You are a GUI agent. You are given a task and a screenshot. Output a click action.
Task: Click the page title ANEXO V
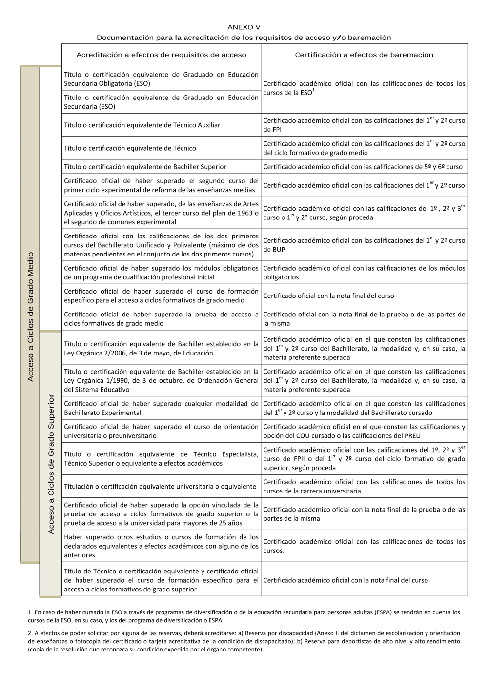(x=244, y=27)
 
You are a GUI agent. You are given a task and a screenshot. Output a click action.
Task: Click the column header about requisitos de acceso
(x=161, y=55)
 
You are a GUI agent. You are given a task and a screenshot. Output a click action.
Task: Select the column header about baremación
(x=364, y=55)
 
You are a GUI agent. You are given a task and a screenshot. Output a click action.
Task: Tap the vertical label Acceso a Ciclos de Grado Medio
(x=30, y=316)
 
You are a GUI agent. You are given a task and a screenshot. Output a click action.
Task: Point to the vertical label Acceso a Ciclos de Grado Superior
(x=51, y=464)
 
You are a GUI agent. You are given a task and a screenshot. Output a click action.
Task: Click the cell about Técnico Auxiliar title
(x=161, y=125)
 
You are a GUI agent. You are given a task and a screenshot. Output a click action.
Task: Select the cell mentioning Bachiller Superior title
(x=161, y=167)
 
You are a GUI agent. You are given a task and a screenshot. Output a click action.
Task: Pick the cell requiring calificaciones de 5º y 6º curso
(x=364, y=167)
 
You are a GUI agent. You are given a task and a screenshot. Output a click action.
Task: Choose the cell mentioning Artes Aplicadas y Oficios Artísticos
(x=161, y=213)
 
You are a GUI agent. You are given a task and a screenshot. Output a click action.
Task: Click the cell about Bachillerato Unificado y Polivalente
(x=161, y=245)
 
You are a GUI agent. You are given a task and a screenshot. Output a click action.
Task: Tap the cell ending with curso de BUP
(x=364, y=245)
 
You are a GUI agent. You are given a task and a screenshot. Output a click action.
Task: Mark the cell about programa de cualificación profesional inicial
(x=161, y=273)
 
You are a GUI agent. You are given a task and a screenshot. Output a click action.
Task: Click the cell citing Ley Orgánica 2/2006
(x=161, y=349)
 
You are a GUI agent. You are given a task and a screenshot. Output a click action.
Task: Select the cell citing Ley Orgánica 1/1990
(x=161, y=380)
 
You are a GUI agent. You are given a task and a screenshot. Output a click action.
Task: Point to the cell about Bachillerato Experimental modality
(x=161, y=408)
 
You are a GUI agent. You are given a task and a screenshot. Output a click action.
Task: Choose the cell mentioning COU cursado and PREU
(x=364, y=431)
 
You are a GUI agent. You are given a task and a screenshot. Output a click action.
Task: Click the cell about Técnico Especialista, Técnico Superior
(x=161, y=459)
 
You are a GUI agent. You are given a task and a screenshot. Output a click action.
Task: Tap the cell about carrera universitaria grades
(x=364, y=487)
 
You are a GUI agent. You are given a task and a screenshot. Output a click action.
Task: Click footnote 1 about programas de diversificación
(x=244, y=616)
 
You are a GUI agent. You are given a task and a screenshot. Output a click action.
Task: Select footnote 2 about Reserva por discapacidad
(x=244, y=641)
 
